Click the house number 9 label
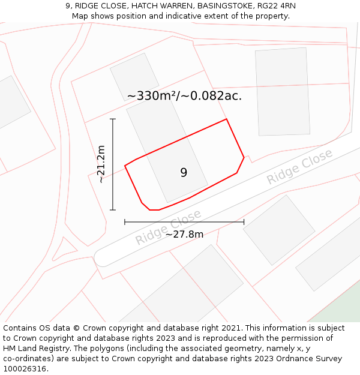click(x=184, y=173)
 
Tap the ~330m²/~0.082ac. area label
click(x=184, y=95)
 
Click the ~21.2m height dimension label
click(x=101, y=164)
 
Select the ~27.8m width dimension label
click(x=184, y=234)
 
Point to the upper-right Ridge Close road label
click(x=299, y=167)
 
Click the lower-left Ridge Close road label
click(x=167, y=227)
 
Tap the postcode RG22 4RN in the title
click(x=274, y=6)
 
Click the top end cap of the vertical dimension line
click(x=113, y=119)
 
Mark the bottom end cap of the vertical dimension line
click(x=113, y=210)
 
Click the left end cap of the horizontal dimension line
click(x=125, y=222)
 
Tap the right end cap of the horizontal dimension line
click(x=244, y=222)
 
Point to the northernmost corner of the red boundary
click(x=226, y=119)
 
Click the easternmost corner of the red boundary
click(x=244, y=158)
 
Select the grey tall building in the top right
click(x=283, y=92)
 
